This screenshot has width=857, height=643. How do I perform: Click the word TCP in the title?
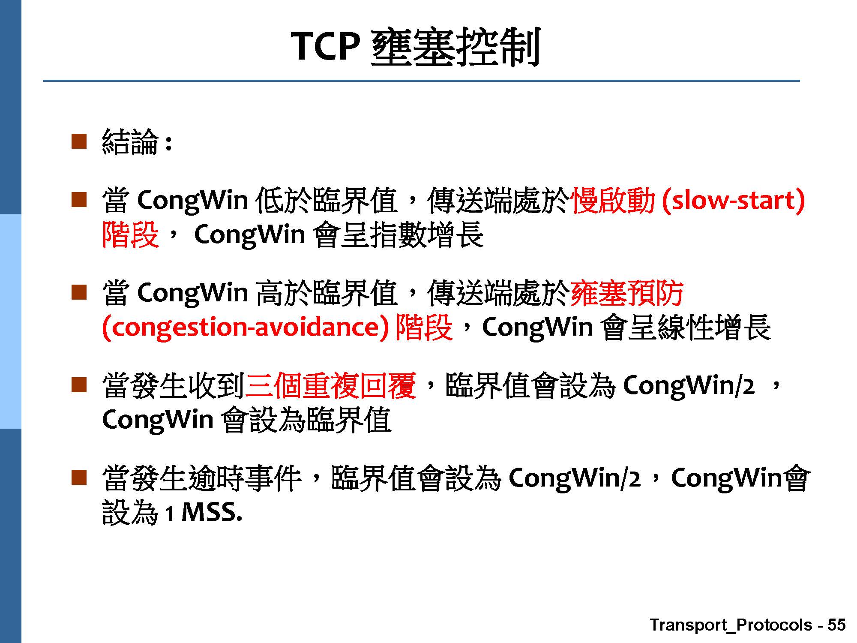tap(324, 46)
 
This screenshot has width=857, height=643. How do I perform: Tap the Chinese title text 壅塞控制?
tap(455, 47)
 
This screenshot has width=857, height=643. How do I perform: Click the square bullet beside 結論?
tap(79, 141)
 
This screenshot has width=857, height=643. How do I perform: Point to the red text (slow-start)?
tap(734, 201)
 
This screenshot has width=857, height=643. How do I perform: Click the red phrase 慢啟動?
tap(613, 200)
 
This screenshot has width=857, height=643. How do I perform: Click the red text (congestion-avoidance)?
tap(246, 328)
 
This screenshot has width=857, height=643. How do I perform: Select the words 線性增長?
tap(714, 327)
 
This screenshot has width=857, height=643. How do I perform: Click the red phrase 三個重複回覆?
tap(330, 385)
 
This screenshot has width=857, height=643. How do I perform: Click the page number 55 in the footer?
tap(836, 625)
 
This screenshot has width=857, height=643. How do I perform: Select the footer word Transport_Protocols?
tap(731, 625)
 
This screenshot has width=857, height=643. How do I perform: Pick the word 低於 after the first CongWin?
tap(284, 200)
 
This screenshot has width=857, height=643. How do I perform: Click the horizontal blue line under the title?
tap(421, 81)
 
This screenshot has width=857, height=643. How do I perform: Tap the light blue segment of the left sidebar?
tap(10, 321)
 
